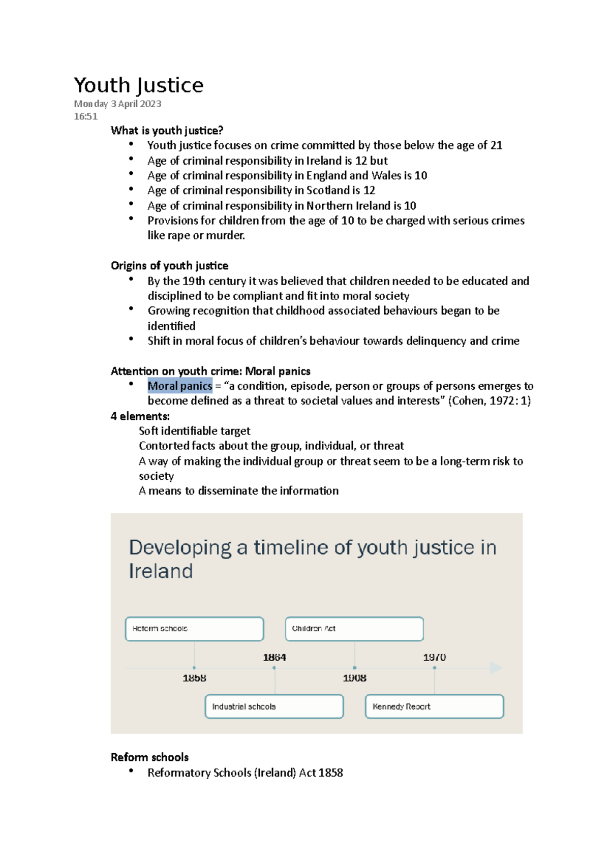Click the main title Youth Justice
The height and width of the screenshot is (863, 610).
[x=138, y=85]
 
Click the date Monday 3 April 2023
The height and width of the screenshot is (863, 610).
[x=117, y=104]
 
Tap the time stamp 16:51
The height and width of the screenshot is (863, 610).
[x=85, y=116]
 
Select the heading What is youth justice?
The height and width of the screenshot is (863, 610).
[x=167, y=131]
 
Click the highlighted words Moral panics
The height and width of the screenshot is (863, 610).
[x=179, y=386]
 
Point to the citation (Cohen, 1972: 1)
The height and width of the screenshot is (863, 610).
[x=490, y=401]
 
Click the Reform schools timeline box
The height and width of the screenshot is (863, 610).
[x=194, y=629]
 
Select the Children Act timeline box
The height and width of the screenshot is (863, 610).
[x=354, y=629]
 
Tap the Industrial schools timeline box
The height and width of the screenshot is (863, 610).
[x=274, y=706]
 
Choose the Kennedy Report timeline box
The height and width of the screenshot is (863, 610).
[x=434, y=706]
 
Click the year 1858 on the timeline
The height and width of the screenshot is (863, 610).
[x=194, y=678]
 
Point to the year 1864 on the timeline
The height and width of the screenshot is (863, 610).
[x=274, y=657]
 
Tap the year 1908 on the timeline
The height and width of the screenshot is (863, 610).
[x=354, y=678]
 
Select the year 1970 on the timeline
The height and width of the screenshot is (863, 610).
[x=435, y=657]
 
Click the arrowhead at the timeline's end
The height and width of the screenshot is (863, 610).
[x=496, y=668]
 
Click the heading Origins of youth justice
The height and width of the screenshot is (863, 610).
[x=169, y=266]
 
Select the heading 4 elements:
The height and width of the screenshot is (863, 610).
[x=140, y=416]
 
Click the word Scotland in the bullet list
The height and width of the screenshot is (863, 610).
[x=328, y=191]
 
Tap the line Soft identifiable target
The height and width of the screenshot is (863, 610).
[x=194, y=431]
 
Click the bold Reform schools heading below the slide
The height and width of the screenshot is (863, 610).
[x=149, y=757]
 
